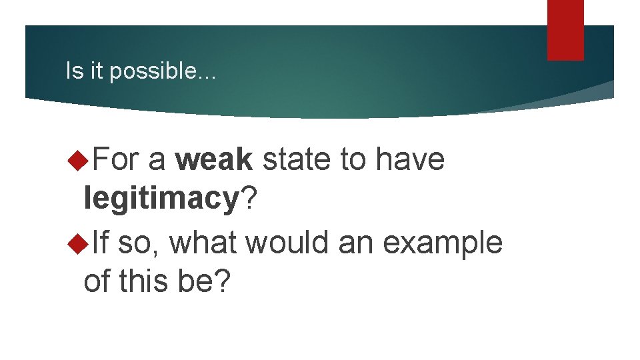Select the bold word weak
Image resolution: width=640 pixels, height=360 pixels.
click(x=214, y=160)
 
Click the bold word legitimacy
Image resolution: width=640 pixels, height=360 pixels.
click(x=161, y=199)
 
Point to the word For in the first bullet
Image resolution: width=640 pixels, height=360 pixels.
click(x=117, y=160)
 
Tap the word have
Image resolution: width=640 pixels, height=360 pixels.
click(x=410, y=160)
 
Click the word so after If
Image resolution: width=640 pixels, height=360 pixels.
click(x=139, y=243)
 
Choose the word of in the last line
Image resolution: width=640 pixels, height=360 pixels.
click(x=98, y=281)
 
